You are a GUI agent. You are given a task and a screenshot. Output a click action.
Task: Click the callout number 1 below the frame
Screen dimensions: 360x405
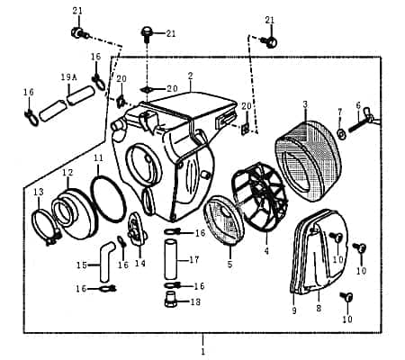(202, 348)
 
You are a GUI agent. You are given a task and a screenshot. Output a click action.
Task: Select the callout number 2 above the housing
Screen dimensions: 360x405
(190, 76)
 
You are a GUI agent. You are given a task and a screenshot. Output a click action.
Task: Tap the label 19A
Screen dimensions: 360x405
(68, 78)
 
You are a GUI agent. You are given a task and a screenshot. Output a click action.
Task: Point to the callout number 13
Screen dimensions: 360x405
(38, 193)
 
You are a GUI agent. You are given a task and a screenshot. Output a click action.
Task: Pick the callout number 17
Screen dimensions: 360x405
(193, 261)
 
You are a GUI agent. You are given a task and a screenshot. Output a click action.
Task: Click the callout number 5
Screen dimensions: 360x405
(229, 265)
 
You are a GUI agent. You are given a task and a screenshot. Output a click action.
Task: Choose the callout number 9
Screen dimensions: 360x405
(292, 310)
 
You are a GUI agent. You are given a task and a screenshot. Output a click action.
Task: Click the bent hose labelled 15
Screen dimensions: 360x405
(107, 257)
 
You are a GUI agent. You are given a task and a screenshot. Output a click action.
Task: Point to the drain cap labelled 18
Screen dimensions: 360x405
(169, 301)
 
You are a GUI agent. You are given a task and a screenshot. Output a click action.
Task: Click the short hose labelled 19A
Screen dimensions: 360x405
(77, 94)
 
